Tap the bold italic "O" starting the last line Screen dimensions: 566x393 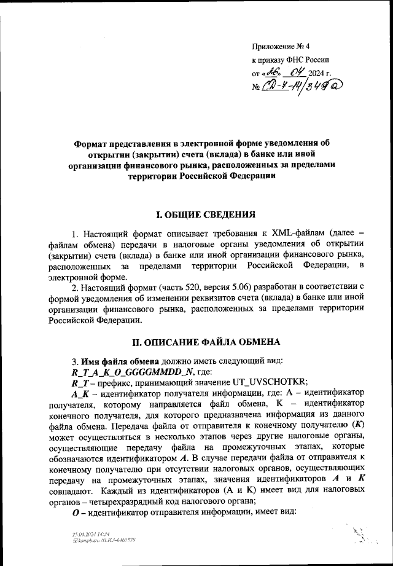click(x=76, y=513)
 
